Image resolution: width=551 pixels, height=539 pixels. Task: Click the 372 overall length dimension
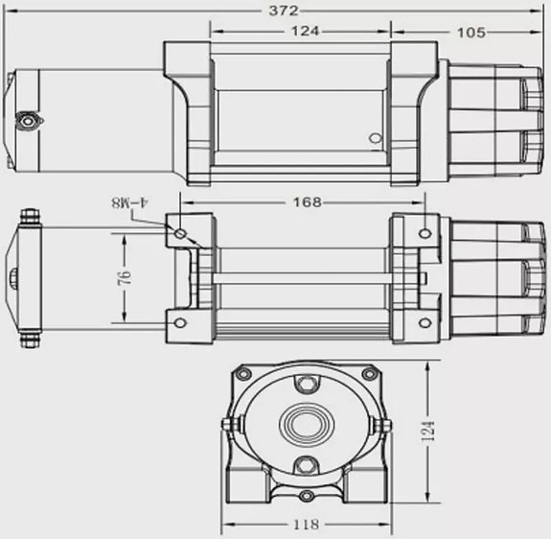(x=284, y=11)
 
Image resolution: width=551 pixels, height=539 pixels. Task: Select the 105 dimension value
(x=471, y=33)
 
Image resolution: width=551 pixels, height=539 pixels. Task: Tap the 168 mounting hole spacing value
(x=308, y=202)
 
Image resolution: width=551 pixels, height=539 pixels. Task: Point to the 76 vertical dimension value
(x=125, y=278)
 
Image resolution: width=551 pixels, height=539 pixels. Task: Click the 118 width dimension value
(x=307, y=525)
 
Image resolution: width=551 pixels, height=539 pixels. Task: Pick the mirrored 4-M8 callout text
(x=130, y=203)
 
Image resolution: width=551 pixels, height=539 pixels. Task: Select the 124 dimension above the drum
(x=306, y=31)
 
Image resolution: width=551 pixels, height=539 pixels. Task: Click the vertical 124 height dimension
(x=427, y=431)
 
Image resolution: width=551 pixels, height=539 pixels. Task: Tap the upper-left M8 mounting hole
(x=180, y=233)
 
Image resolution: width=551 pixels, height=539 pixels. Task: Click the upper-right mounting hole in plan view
(x=425, y=233)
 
